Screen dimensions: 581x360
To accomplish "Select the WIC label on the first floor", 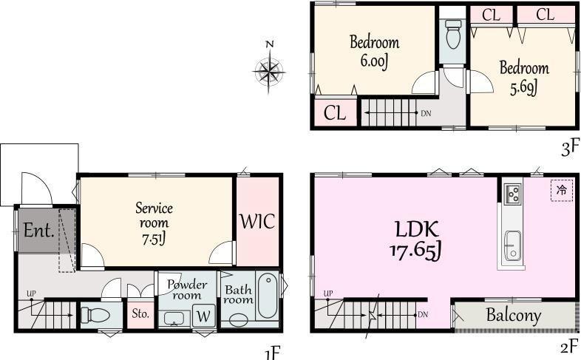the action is (257, 222).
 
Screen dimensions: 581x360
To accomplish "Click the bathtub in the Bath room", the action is (267, 295).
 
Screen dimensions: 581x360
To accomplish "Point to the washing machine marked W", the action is (203, 316).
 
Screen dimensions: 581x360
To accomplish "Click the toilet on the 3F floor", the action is (453, 34).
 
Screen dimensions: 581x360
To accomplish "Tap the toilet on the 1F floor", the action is (95, 315).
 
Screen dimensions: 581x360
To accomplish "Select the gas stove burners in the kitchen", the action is (513, 194).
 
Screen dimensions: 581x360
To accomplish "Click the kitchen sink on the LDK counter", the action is (513, 246).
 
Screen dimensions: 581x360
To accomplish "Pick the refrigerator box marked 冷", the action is (562, 191).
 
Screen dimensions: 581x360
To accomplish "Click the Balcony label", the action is (514, 315).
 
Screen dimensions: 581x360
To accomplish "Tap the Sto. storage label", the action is (140, 313).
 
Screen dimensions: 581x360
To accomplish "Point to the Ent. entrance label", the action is (39, 231).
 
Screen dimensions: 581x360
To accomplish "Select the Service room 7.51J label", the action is (154, 223).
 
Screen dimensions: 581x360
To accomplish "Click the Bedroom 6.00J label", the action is (375, 52).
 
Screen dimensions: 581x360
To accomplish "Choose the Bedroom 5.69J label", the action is (524, 78).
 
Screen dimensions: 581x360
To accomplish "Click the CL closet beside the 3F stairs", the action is (335, 112).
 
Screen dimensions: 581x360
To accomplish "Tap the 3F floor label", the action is (570, 148).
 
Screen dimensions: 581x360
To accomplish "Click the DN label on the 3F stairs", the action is (426, 114).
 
